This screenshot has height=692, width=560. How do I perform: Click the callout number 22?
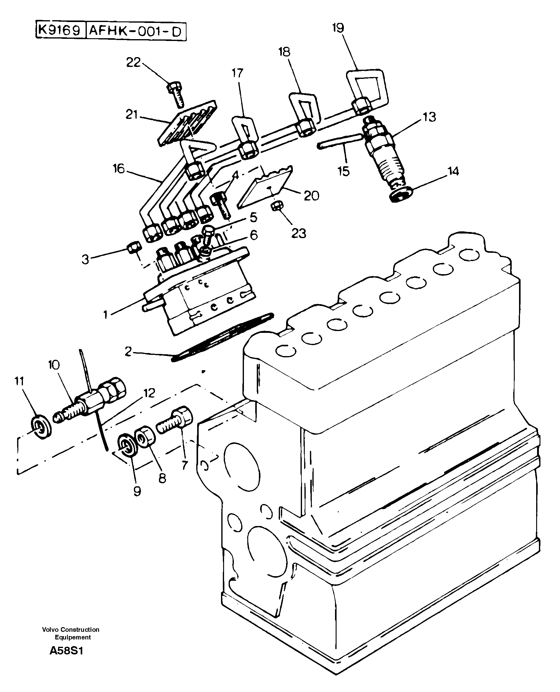(x=133, y=62)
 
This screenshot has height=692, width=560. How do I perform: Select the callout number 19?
(x=338, y=28)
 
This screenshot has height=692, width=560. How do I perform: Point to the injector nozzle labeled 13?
(x=382, y=152)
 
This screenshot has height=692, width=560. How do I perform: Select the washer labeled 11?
(x=41, y=428)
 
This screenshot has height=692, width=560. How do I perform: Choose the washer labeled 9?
(x=128, y=446)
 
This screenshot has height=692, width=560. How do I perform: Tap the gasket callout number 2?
(x=128, y=351)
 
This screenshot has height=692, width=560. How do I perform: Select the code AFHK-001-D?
(x=135, y=31)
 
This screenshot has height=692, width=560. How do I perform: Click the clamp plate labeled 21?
(x=187, y=124)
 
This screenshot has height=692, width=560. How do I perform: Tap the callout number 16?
(x=118, y=169)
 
